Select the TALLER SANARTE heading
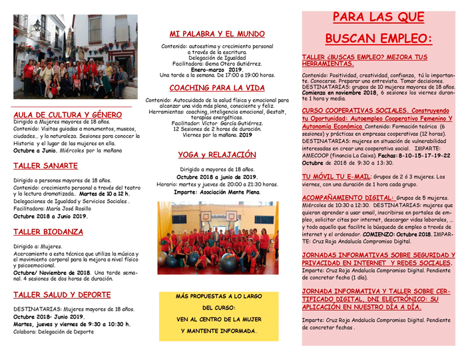[x=45, y=166]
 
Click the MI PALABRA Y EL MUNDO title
[x=217, y=33]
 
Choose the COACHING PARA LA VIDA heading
[x=217, y=88]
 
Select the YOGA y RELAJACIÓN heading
[x=217, y=155]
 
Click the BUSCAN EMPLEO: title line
[x=377, y=39]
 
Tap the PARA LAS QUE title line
[x=377, y=17]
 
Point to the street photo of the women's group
[x=75, y=57]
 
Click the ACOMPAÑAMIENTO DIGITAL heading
[x=347, y=198]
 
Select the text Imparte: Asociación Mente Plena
[x=217, y=192]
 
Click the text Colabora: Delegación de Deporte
[x=56, y=331]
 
